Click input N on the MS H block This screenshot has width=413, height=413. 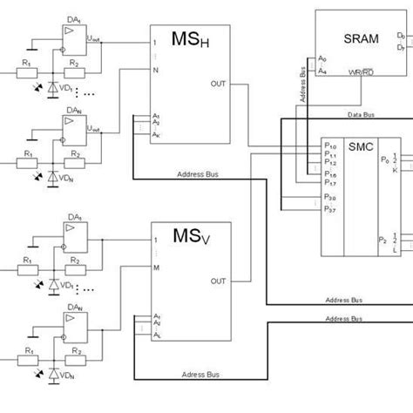[155, 69]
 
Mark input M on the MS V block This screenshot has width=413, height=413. [155, 267]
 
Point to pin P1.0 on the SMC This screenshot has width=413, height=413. [330, 146]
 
